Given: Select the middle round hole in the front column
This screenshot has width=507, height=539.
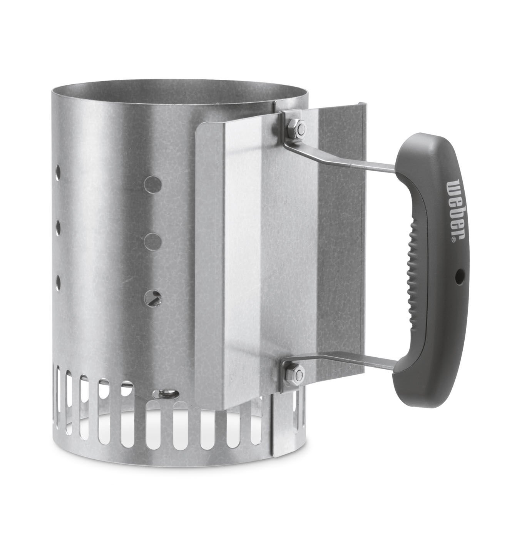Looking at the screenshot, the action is [152, 241].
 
